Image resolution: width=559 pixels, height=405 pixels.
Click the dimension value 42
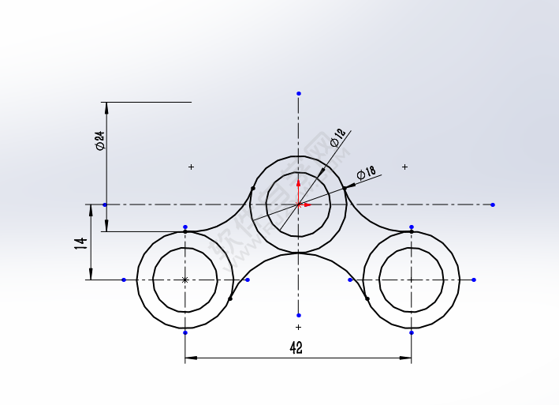(x=296, y=347)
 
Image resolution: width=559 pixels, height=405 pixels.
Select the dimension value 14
(x=80, y=242)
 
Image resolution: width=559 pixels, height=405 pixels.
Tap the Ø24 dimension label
(x=99, y=141)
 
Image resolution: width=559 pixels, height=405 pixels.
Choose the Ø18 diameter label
(x=366, y=173)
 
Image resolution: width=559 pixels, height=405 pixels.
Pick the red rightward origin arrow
(x=307, y=204)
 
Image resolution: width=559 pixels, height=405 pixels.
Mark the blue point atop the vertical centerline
(x=299, y=93)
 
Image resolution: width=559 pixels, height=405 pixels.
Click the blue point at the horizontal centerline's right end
(x=493, y=204)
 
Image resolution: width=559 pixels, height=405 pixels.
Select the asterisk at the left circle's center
(x=185, y=279)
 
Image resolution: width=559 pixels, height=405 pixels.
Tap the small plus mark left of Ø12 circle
(x=191, y=167)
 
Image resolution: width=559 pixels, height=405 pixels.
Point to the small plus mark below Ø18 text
(x=405, y=167)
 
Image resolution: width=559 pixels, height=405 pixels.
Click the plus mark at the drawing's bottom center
(x=298, y=327)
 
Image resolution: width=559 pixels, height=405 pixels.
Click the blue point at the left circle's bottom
(x=185, y=332)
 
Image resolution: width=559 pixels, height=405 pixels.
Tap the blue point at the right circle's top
(x=412, y=227)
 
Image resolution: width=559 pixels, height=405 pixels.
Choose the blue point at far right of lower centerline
(x=474, y=279)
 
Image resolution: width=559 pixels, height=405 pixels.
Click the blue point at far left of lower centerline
(x=124, y=279)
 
